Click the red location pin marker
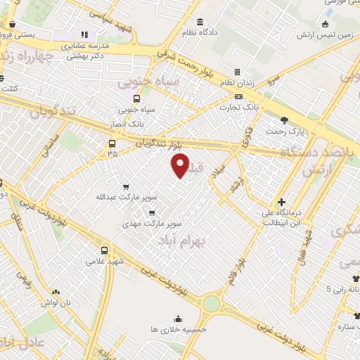[x=181, y=165]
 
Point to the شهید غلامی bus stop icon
[x=105, y=250]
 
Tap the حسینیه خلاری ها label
[x=177, y=328]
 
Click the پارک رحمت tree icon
[x=284, y=120]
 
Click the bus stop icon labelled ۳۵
[x=112, y=144]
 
